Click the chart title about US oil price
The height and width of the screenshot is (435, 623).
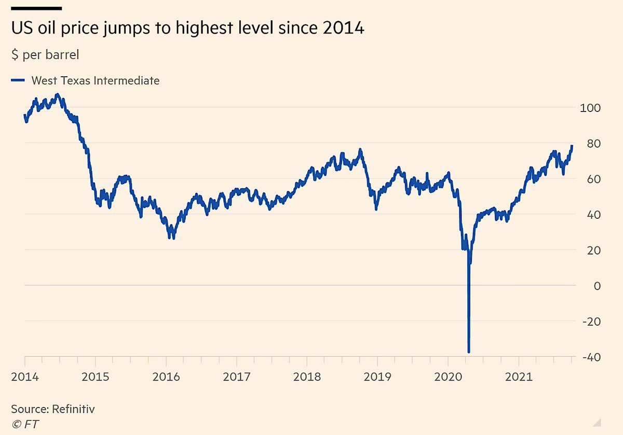pos(187,29)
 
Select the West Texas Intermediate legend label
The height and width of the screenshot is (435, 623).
pos(95,81)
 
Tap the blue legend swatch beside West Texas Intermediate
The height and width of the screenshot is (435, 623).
pos(18,81)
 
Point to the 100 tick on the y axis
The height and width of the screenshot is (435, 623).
pos(590,108)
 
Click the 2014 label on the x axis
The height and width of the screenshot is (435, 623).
pos(24,377)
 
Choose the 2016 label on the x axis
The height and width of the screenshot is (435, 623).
pos(166,377)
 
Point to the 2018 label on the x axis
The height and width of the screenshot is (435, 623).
pos(307,377)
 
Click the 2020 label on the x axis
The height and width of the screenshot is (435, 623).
pos(448,377)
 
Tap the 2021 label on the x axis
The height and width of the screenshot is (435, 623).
pos(519,377)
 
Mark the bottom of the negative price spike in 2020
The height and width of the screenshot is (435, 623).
pos(469,352)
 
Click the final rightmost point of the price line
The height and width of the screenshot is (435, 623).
pos(572,146)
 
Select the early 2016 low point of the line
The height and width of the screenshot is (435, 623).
pos(172,237)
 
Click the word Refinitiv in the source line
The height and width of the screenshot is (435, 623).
pos(73,409)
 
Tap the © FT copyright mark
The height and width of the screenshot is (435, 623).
pos(24,424)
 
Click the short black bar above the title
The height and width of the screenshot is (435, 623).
pos(36,8)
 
